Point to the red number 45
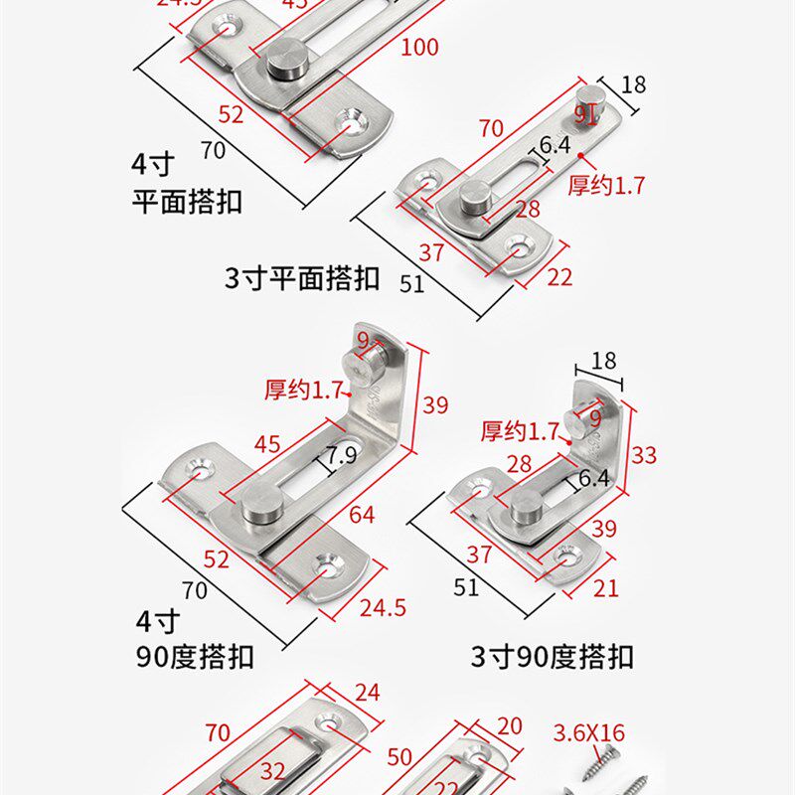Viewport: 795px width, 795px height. point(267,444)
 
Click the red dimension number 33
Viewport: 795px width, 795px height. point(644,454)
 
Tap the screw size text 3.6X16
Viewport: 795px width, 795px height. point(589,733)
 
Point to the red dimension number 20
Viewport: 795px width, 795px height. point(509,726)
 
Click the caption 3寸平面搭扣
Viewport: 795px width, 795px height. point(302,278)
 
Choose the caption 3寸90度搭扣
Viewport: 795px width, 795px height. point(552,657)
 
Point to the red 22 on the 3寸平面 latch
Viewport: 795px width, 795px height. point(559,277)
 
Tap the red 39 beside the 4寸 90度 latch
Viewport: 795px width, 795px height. point(434,405)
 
